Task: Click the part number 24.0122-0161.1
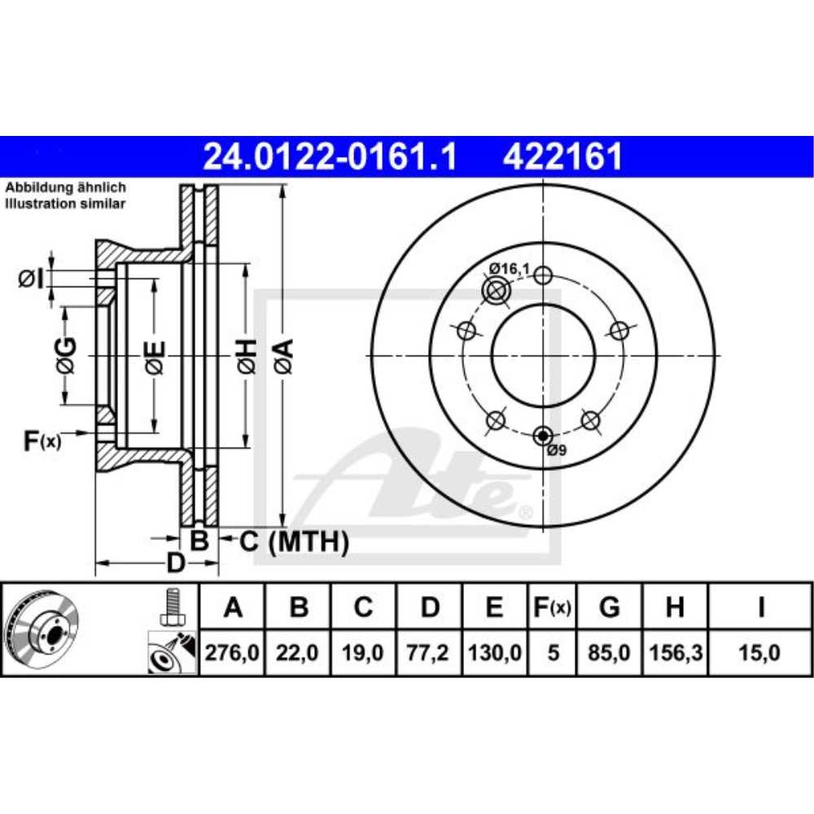click(330, 156)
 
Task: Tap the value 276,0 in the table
click(233, 652)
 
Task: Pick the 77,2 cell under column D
click(430, 652)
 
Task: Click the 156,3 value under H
click(674, 652)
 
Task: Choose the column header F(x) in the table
click(553, 606)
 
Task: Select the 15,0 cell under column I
click(760, 652)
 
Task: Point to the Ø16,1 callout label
click(509, 268)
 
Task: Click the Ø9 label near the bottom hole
click(556, 450)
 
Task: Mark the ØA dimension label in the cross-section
click(283, 357)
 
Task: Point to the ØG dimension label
click(66, 356)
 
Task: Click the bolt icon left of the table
click(171, 606)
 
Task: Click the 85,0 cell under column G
click(609, 652)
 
